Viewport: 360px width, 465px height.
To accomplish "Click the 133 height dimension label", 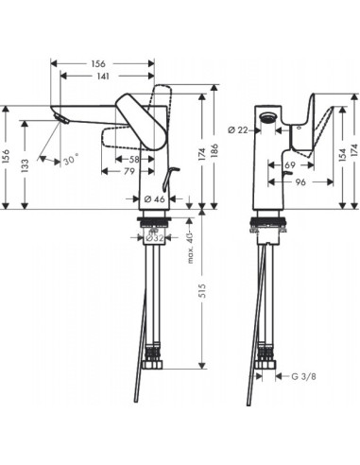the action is [x=26, y=165].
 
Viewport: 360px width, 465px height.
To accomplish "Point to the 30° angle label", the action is [x=71, y=160].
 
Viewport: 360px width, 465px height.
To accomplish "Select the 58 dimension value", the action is [x=134, y=159].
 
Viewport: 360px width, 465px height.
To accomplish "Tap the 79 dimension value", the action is [x=129, y=171].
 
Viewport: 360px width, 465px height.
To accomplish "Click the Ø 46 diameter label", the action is [x=155, y=199].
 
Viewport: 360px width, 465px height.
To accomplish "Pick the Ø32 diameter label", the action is [x=154, y=238].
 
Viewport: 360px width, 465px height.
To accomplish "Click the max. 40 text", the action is [x=190, y=248].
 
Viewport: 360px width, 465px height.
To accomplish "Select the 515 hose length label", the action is [x=202, y=291].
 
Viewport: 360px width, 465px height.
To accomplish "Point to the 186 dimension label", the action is [x=214, y=151].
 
